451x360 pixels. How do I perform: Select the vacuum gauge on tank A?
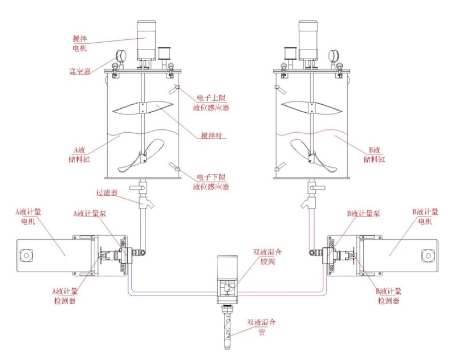pos(120,56)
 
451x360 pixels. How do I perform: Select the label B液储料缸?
pos(373,154)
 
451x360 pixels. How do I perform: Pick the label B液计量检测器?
pos(388,295)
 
